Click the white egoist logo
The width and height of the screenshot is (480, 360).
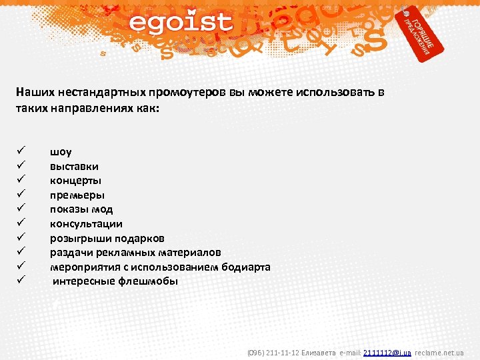181,23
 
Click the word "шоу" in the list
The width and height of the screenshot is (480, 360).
61,152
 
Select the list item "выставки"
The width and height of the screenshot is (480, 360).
74,166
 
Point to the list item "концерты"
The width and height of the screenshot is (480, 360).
75,181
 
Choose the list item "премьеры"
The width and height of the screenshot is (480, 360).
77,195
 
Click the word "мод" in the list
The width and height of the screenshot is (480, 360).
101,209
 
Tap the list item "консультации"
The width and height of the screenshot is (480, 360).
86,224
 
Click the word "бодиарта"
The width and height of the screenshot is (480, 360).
244,267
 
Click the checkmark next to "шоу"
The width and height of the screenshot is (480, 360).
21,152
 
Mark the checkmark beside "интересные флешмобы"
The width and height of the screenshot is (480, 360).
21,281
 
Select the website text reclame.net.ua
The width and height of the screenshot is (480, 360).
439,352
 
